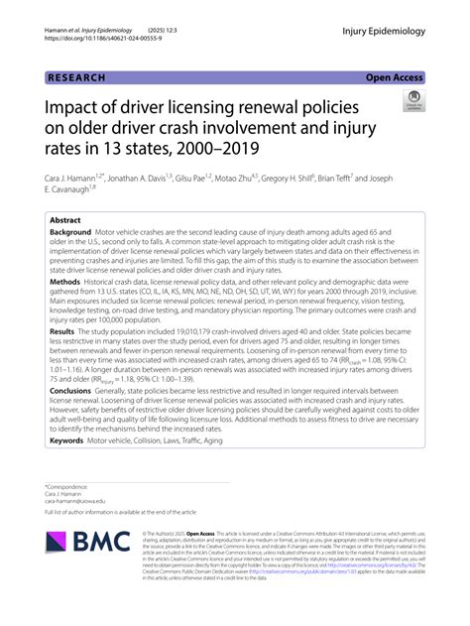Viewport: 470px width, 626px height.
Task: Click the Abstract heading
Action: coord(66,219)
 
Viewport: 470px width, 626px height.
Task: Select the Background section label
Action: coord(75,231)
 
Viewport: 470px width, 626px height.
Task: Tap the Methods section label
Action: coord(68,282)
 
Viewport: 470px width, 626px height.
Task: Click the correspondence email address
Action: coord(76,500)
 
